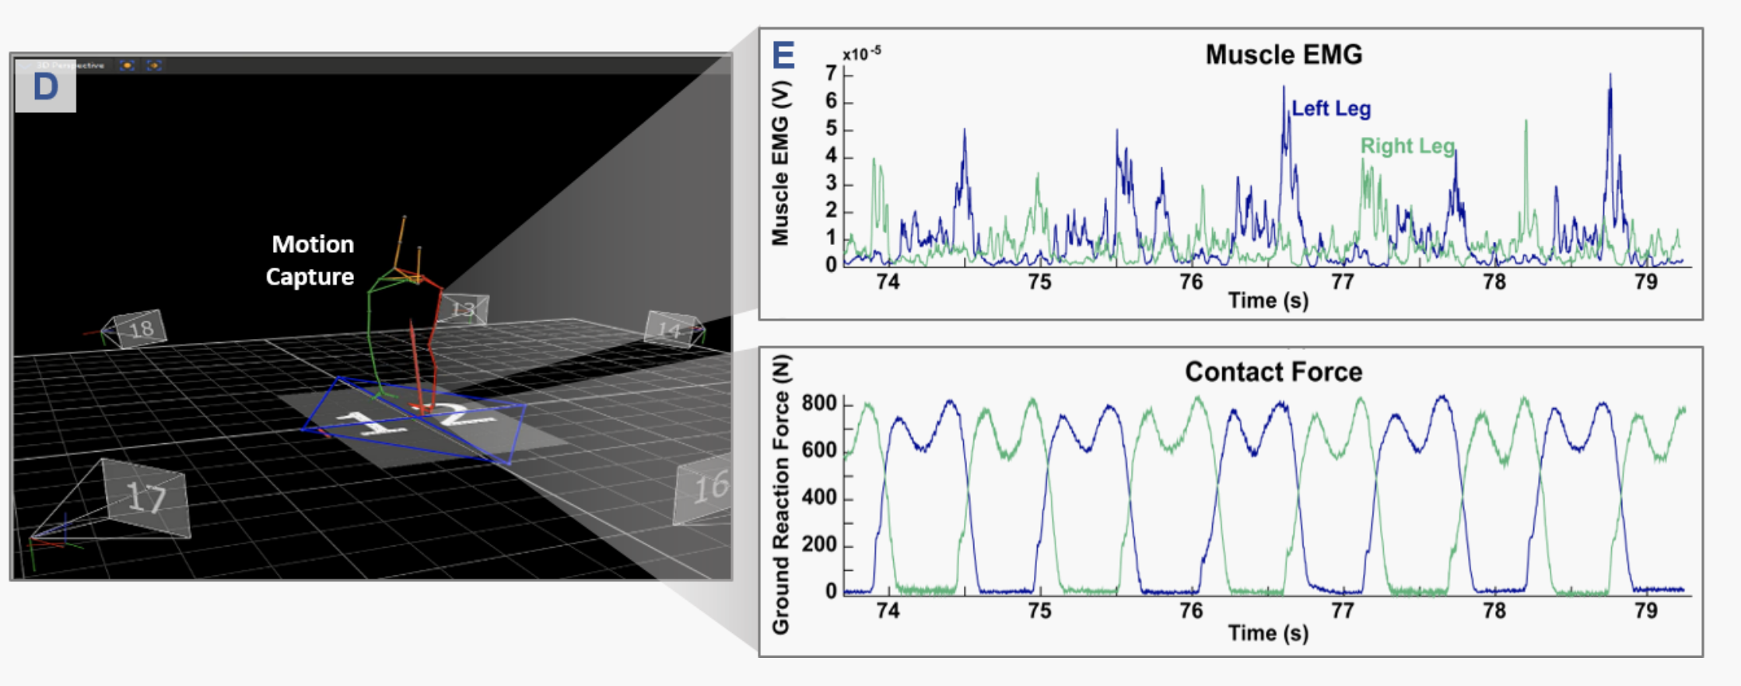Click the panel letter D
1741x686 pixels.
point(45,87)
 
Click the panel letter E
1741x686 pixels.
point(783,56)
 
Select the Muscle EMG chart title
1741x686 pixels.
point(1284,54)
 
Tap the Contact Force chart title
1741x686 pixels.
point(1273,372)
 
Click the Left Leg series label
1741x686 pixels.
point(1331,109)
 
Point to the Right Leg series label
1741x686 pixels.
point(1407,146)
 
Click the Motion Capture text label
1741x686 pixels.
point(311,261)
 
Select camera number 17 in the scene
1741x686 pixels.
point(145,497)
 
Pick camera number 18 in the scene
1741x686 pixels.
point(141,330)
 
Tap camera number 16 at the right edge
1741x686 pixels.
point(709,488)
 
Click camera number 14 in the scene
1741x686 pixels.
point(668,330)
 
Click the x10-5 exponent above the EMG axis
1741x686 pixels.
point(862,54)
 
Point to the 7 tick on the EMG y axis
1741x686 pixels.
point(832,74)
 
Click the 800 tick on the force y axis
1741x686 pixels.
point(819,404)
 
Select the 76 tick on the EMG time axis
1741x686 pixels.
point(1191,282)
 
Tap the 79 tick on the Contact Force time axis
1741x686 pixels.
point(1646,611)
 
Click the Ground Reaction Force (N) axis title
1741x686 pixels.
point(781,494)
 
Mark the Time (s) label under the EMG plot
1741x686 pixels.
point(1268,301)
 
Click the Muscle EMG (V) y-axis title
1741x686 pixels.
point(780,163)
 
